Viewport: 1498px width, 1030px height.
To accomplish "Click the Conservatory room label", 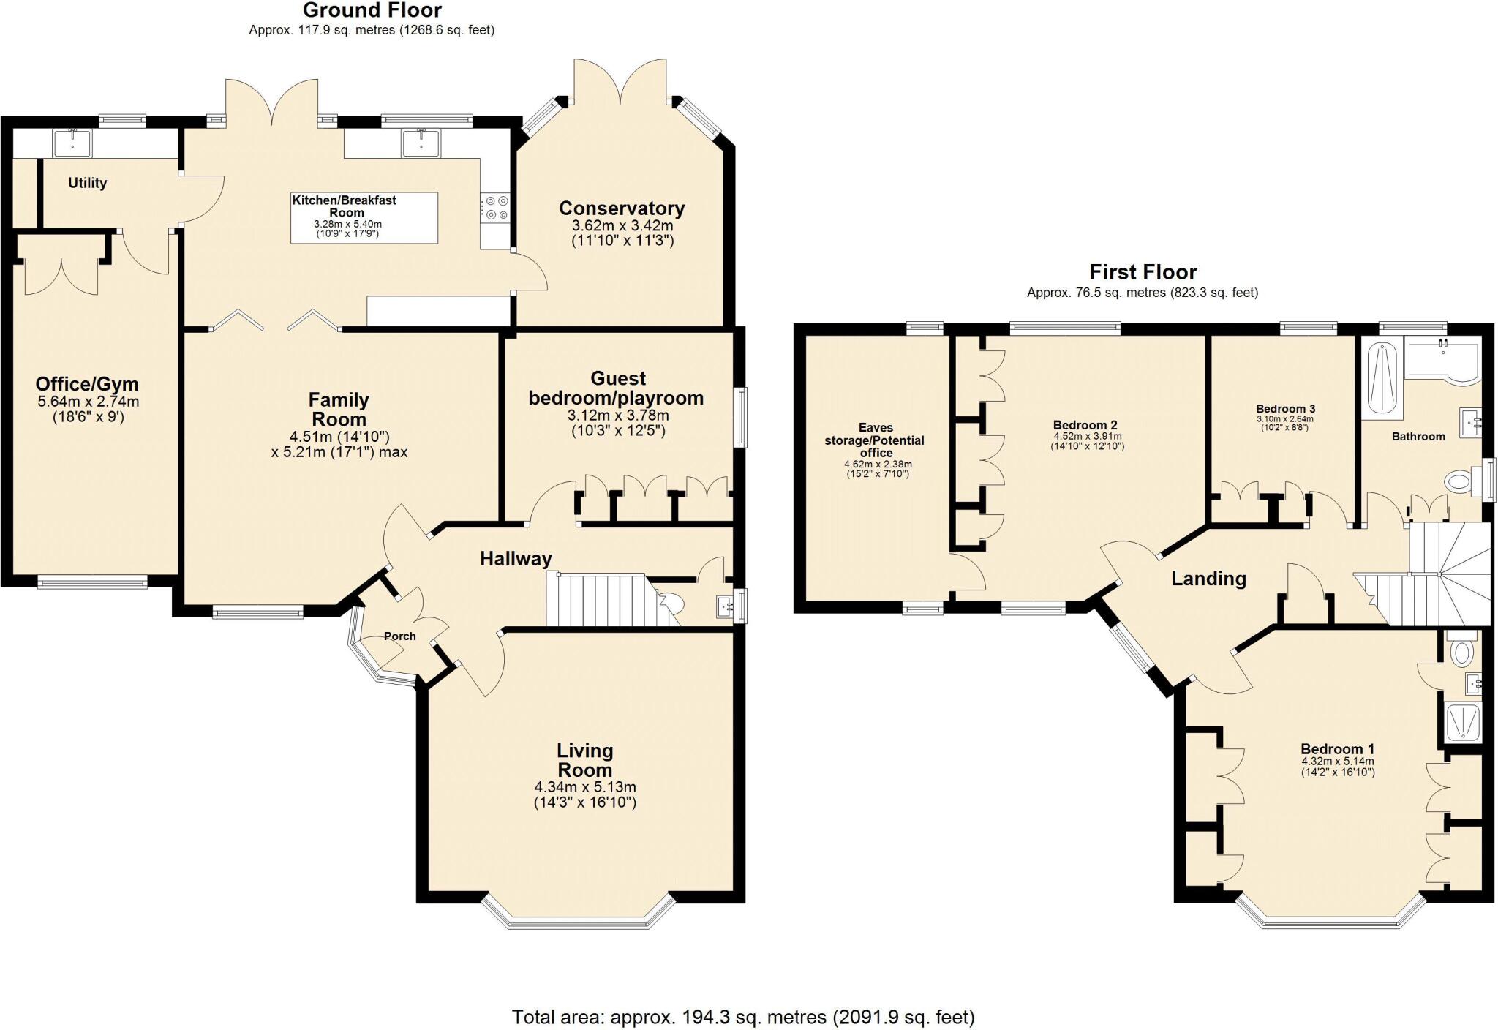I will [x=622, y=208].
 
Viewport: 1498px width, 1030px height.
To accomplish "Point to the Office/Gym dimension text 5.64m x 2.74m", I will [x=88, y=402].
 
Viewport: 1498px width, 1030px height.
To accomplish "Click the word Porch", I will [x=399, y=636].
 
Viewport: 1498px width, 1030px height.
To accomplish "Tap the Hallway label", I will [x=516, y=559].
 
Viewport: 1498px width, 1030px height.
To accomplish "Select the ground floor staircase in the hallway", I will [x=600, y=600].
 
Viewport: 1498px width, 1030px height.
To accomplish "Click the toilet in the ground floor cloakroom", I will [x=669, y=603].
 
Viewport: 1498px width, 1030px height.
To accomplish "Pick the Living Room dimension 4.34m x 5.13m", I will [x=585, y=787].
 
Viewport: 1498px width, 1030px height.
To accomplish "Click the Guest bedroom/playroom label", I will [x=617, y=388].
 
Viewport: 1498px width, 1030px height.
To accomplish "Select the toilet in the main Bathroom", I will [x=1459, y=481].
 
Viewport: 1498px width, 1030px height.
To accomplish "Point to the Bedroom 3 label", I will [x=1285, y=409].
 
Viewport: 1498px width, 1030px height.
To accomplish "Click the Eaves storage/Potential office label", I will [x=875, y=440].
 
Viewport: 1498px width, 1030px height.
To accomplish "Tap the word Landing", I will [x=1208, y=579].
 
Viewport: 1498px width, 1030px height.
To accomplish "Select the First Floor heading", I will [x=1143, y=272].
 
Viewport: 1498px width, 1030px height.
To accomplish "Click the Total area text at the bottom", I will [x=742, y=1017].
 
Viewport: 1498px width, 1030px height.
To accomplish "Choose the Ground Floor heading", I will [x=372, y=10].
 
